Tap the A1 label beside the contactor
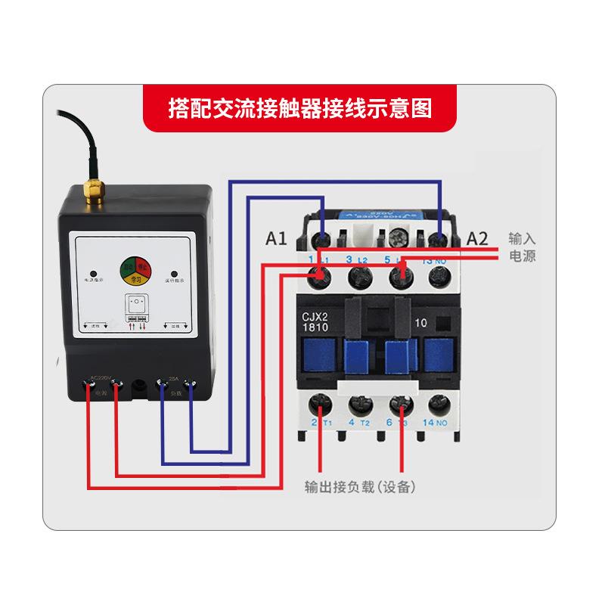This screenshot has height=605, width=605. point(277,239)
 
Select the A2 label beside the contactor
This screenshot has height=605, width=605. point(477,239)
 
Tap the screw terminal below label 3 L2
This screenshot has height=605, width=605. point(358,278)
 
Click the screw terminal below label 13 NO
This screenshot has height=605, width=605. point(436,278)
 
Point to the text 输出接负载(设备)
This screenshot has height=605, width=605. point(360,486)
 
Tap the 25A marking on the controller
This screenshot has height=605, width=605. point(174,378)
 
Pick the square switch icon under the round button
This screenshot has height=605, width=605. point(136,306)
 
